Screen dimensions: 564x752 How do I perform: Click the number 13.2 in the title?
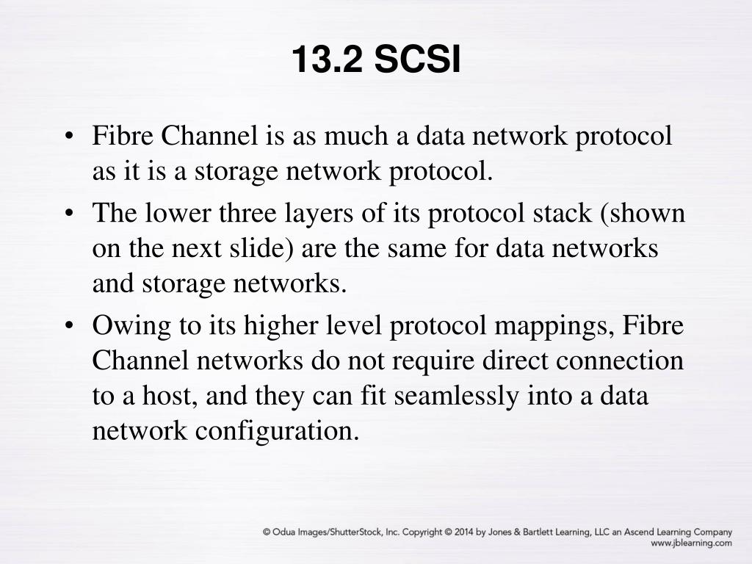[x=328, y=59]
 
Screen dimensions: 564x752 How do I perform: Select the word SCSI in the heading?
[x=418, y=59]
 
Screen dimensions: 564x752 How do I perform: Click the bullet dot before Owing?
[x=69, y=326]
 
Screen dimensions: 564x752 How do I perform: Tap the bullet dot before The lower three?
[x=69, y=214]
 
